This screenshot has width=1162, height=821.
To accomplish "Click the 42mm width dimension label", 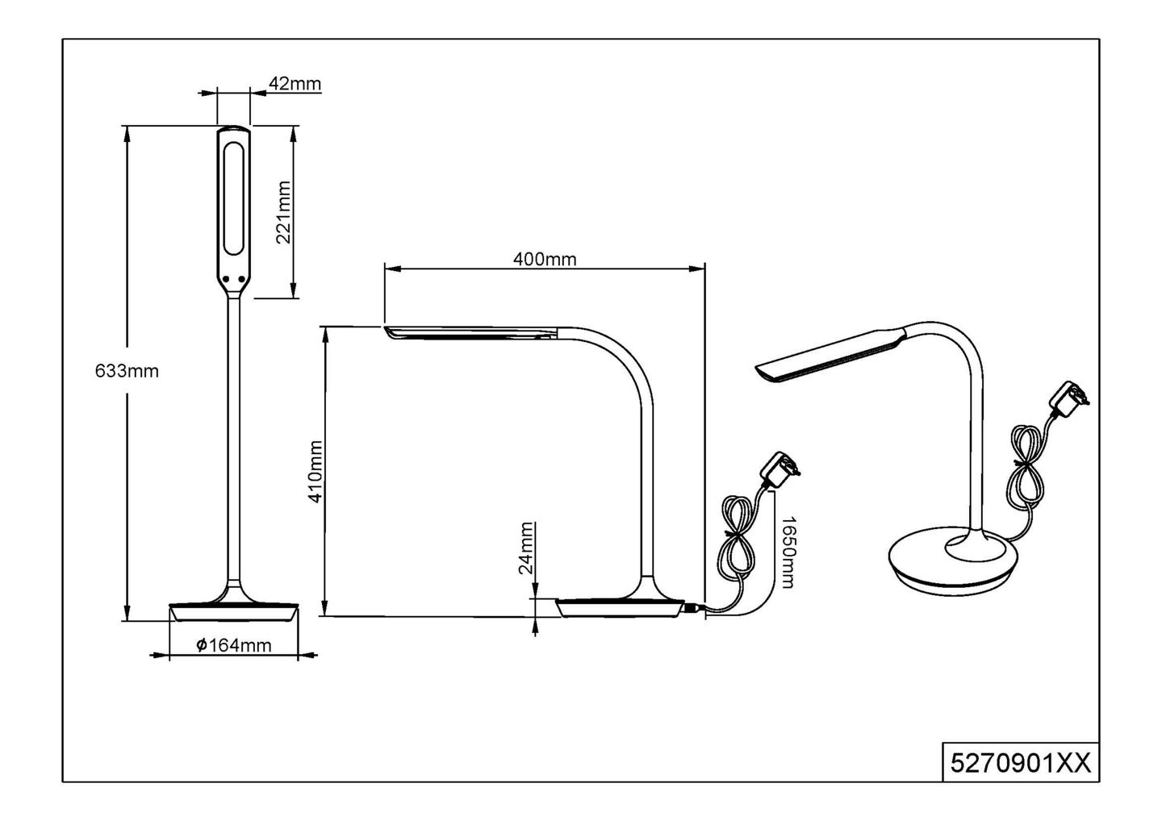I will point(295,84).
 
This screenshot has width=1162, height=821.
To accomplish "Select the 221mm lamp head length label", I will point(283,212).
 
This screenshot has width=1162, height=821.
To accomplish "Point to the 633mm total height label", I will point(127,371).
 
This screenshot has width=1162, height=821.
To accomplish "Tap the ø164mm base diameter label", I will point(234,645).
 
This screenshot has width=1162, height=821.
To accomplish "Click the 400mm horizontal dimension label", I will point(545,259).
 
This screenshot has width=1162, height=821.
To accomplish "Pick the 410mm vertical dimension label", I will point(316,472).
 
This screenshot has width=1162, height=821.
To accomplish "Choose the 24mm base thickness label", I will point(526,548).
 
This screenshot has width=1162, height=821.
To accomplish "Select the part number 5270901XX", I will point(1021,762).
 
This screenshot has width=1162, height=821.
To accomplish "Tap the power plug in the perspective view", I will point(1068,401).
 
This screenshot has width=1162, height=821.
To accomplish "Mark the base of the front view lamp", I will point(233,611).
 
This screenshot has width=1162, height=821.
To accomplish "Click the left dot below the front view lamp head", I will point(227,279).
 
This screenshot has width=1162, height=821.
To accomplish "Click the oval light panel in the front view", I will point(234,198).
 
